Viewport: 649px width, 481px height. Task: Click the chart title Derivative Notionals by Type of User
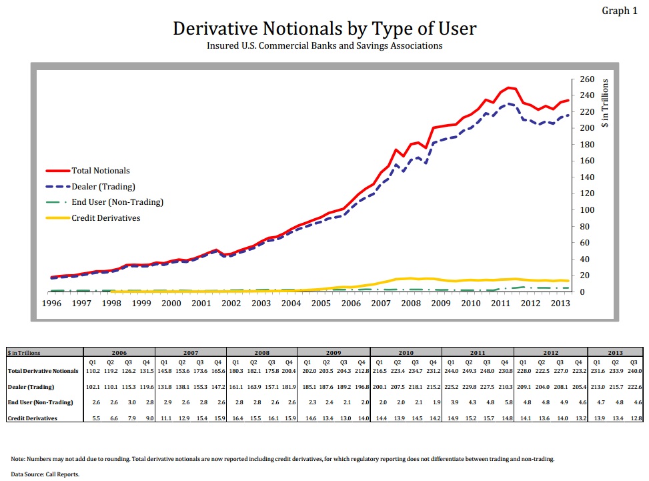[x=324, y=29]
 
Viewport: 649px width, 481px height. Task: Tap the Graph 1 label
[x=620, y=10]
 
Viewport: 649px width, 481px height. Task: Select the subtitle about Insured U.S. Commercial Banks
[x=324, y=46]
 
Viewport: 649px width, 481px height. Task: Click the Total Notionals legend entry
[x=100, y=171]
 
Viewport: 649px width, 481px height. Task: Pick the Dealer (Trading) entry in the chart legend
[x=103, y=186]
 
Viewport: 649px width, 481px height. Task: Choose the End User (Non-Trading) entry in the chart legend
[x=117, y=201]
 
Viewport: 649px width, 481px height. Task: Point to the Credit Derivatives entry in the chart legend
[x=105, y=217]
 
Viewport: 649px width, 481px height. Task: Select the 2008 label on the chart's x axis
[x=410, y=304]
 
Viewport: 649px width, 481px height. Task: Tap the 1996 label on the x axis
[x=51, y=304]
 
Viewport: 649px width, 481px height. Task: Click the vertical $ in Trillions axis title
[x=605, y=103]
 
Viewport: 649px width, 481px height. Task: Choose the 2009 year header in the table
[x=333, y=352]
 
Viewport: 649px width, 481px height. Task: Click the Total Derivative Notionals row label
[x=43, y=370]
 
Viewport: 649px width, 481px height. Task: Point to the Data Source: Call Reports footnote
[x=45, y=474]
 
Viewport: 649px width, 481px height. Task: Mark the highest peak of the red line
[x=509, y=87]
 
